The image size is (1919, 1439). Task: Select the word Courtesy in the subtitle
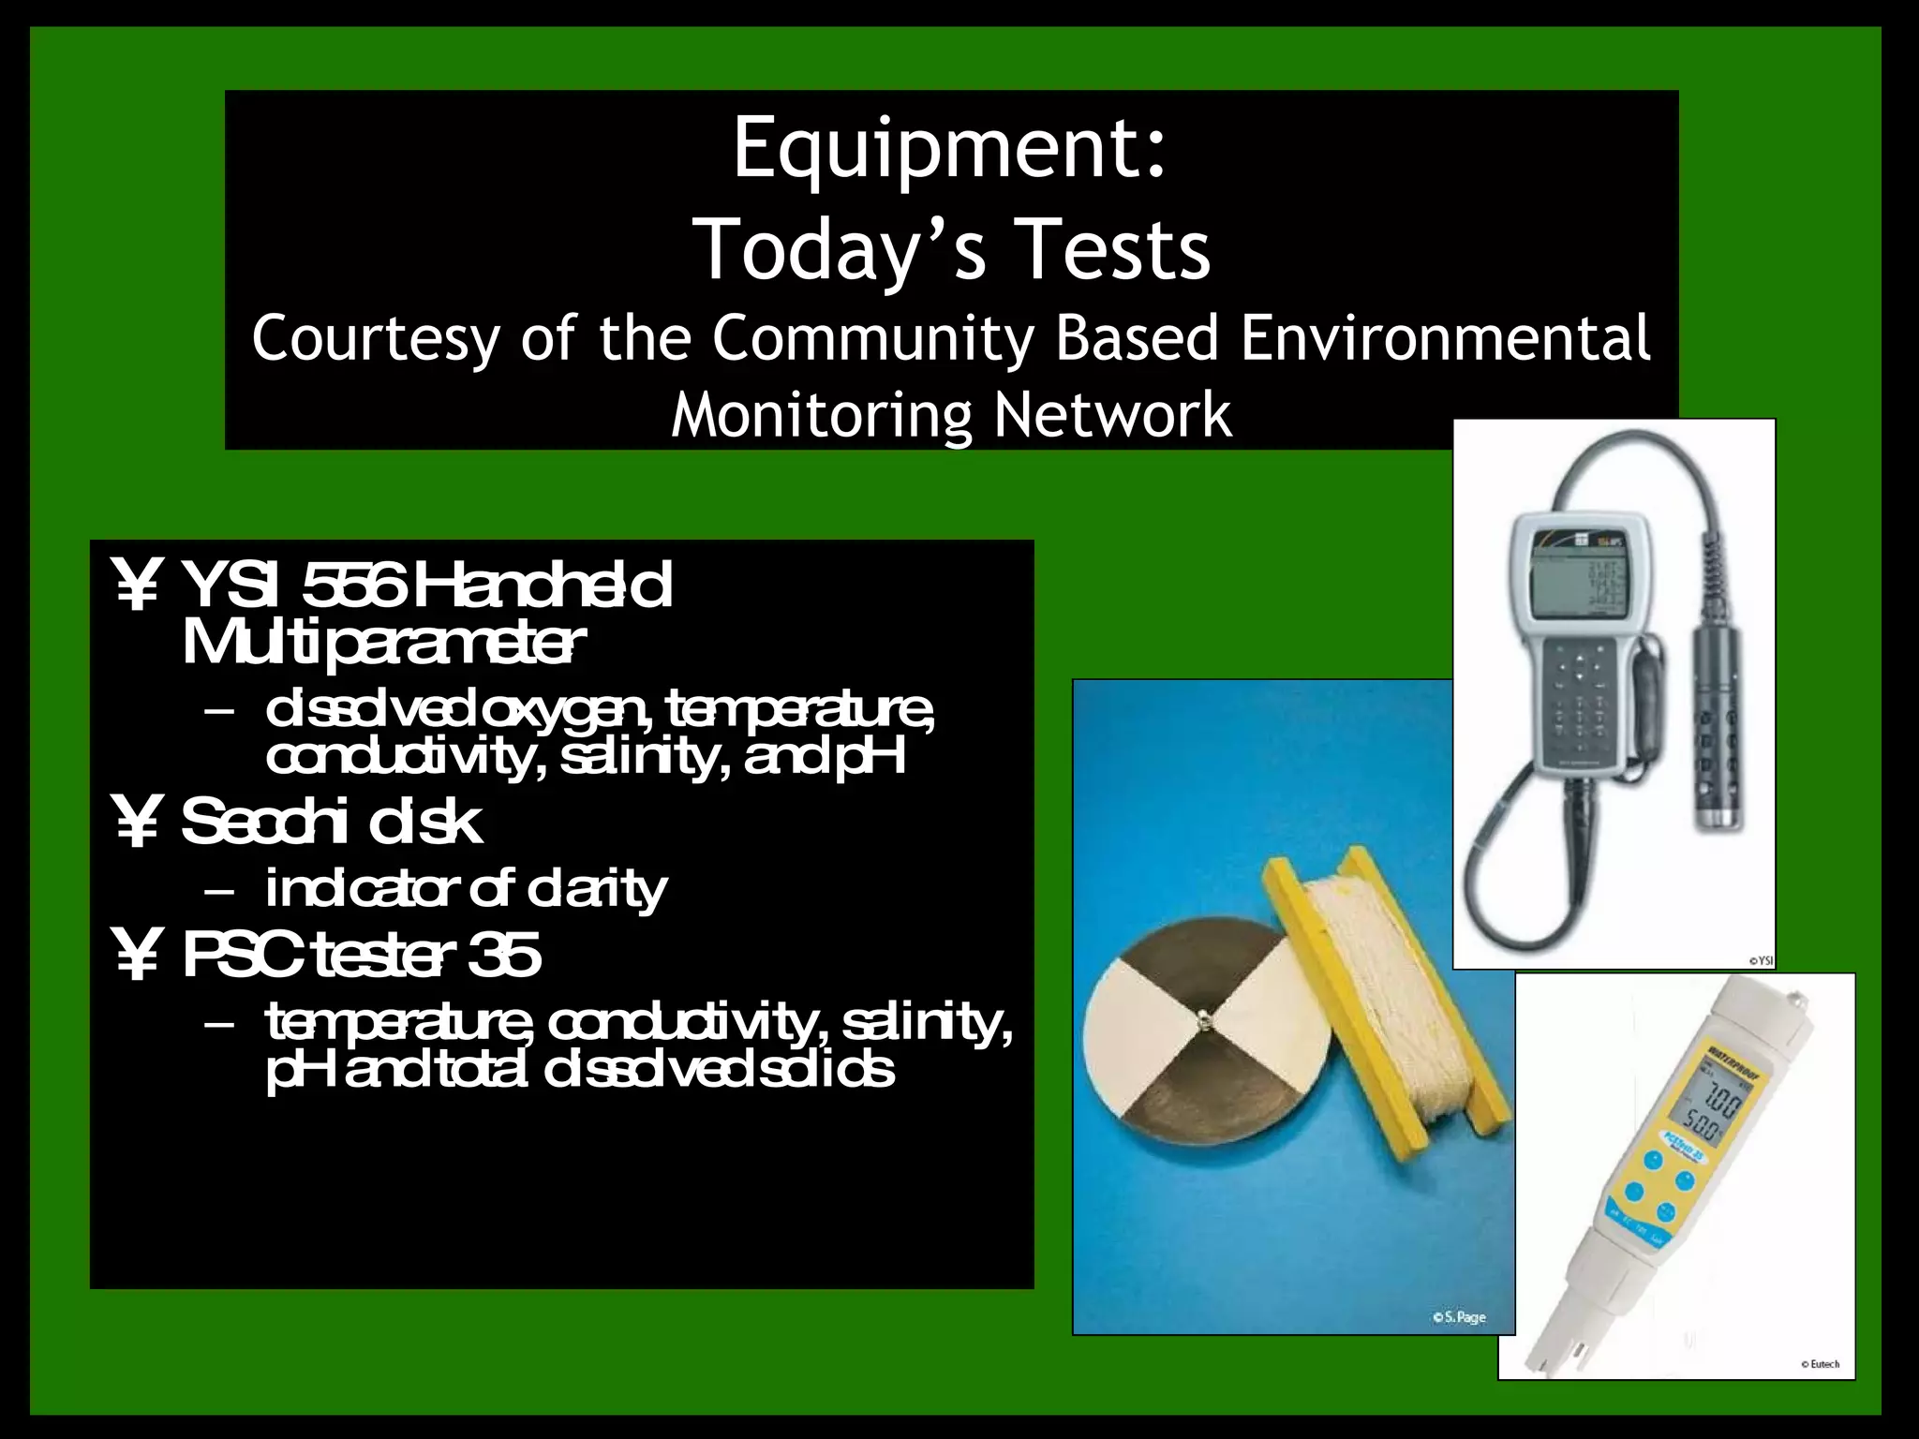(375, 339)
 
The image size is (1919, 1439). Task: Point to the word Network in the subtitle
(1112, 415)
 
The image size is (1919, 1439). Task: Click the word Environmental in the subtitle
(1445, 339)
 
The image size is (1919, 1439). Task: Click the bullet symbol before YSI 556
(138, 586)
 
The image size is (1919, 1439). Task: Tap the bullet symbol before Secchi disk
(138, 822)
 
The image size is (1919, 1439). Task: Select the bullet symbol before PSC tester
(138, 955)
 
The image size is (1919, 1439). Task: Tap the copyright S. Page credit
(1459, 1317)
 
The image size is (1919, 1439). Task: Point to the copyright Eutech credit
(1820, 1364)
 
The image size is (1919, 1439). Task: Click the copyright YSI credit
(1761, 960)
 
